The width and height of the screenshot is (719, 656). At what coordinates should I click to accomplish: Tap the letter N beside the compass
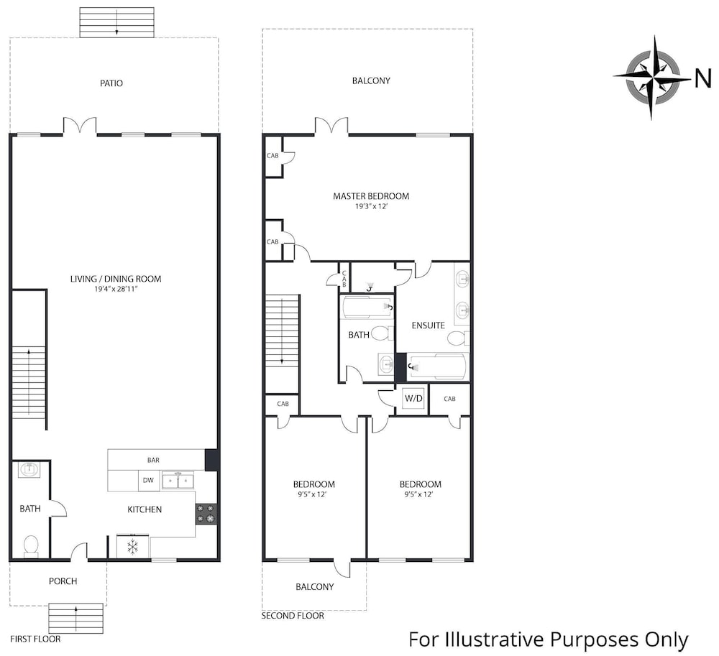(703, 78)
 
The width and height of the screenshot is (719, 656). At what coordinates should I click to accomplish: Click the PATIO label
(111, 83)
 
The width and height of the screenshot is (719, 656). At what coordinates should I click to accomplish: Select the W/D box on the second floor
(413, 399)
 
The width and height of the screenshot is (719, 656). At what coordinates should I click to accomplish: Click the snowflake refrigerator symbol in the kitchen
(133, 546)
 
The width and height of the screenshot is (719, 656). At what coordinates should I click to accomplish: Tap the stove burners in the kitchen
(206, 514)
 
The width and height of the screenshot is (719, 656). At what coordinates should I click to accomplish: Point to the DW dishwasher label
(148, 481)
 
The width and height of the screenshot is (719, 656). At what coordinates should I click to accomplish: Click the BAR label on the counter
(153, 460)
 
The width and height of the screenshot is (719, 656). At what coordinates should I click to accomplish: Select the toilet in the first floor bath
(31, 546)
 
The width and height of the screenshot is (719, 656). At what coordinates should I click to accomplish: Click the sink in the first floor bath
(29, 470)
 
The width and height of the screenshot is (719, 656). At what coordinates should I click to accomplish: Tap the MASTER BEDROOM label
(371, 196)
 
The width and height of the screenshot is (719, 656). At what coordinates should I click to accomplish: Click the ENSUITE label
(429, 325)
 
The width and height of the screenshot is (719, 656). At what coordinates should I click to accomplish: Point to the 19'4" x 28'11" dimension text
(116, 289)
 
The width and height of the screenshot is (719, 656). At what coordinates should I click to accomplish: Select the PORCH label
(63, 581)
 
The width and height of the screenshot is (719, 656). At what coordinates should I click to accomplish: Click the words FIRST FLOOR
(35, 639)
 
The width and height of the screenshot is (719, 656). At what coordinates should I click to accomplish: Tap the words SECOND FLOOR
(293, 616)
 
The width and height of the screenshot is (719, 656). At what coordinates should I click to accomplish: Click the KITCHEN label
(145, 509)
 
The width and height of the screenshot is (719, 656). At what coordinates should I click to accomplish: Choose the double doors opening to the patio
(80, 126)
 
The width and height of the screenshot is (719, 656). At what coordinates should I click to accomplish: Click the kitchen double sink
(177, 481)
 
